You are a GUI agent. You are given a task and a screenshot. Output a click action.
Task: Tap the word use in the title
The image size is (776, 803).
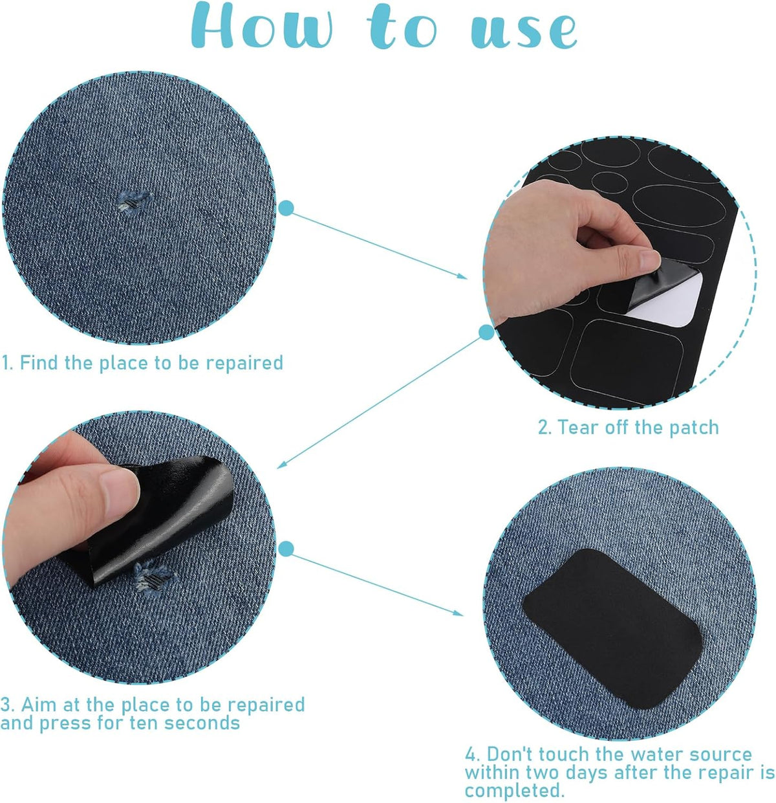pyautogui.click(x=524, y=30)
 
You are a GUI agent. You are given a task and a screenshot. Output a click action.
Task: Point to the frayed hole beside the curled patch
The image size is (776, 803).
pyautogui.click(x=153, y=575)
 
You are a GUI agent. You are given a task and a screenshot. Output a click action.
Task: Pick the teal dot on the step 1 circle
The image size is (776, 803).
pyautogui.click(x=286, y=208)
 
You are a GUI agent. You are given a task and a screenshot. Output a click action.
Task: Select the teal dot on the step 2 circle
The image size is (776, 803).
pyautogui.click(x=486, y=333)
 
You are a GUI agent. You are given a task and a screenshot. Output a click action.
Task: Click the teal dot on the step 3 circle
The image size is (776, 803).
pyautogui.click(x=286, y=549)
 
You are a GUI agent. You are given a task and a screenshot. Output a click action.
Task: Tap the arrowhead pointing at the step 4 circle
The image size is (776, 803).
pyautogui.click(x=458, y=612)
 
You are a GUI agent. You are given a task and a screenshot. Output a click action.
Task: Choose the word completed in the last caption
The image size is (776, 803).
pyautogui.click(x=514, y=791)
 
